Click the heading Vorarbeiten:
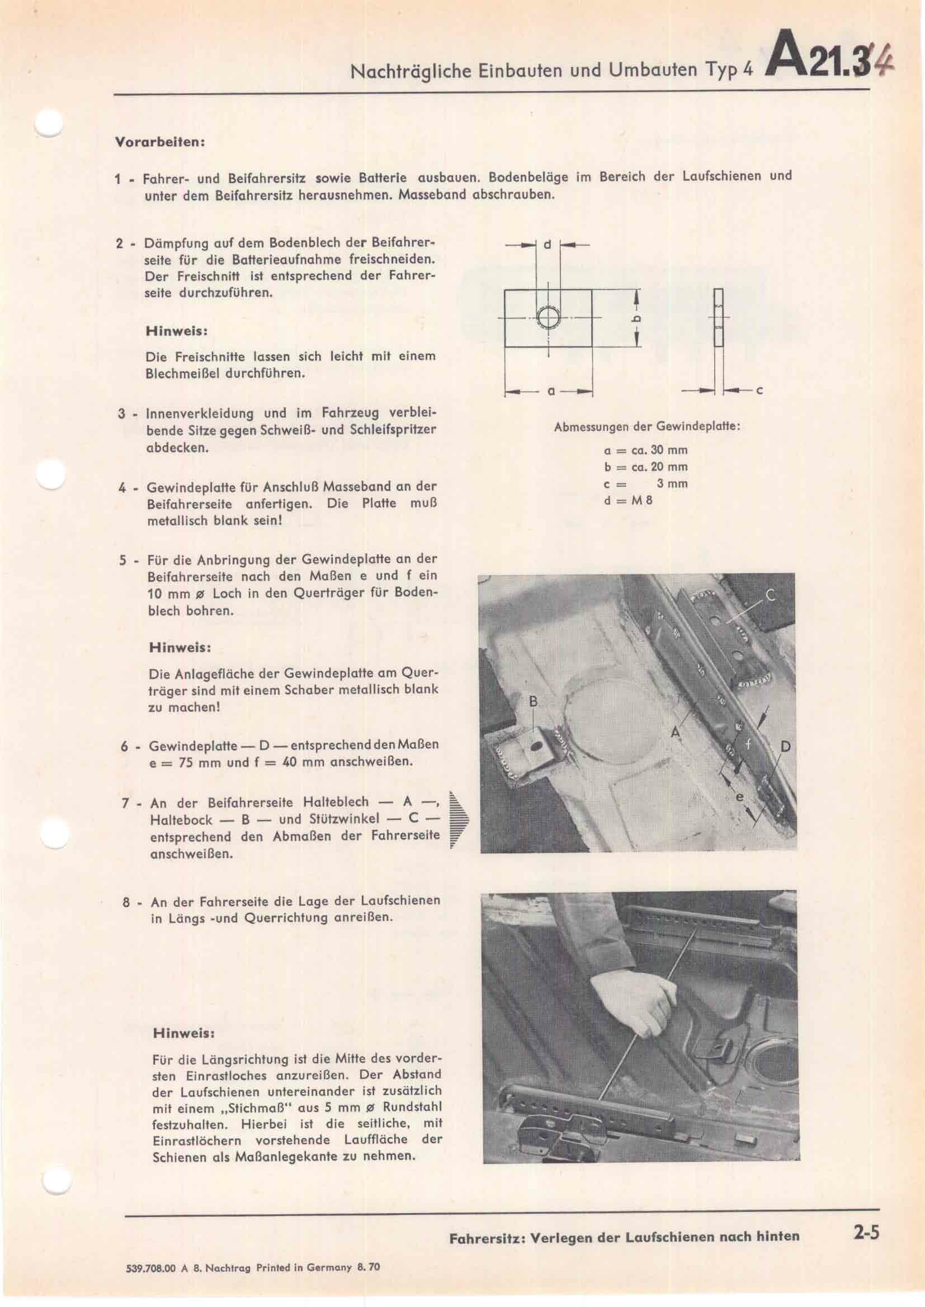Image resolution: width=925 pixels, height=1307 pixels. pos(160,142)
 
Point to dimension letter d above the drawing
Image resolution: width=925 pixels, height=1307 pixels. pos(548,245)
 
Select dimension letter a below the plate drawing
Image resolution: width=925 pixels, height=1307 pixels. pos(550,392)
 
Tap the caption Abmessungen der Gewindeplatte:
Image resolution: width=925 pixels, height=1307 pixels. pos(647,426)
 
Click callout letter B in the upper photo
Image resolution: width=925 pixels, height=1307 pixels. pos(533,702)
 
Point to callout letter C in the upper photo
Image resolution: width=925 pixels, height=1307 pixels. pos(770,596)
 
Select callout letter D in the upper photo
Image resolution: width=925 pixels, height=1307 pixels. pos(786,747)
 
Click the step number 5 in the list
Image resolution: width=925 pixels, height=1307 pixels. pos(123,560)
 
